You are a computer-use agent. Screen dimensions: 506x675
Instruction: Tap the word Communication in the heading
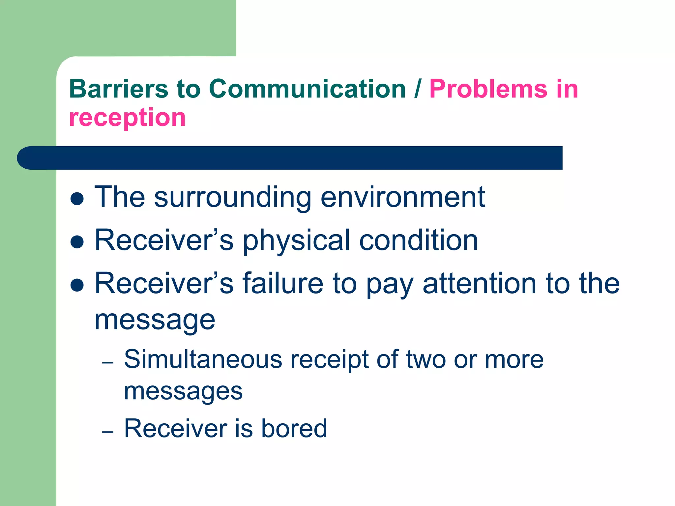(x=307, y=89)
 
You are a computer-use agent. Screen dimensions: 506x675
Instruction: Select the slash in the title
(x=418, y=89)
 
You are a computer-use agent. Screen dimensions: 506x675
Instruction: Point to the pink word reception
(x=127, y=118)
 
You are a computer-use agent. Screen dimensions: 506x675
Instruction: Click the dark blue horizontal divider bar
(x=290, y=158)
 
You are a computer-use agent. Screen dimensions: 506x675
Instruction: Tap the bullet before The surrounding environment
(x=77, y=199)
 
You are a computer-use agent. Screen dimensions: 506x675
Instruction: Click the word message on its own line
(x=155, y=321)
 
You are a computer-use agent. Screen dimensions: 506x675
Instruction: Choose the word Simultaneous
(x=203, y=359)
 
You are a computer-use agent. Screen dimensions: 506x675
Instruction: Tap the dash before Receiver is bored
(x=108, y=432)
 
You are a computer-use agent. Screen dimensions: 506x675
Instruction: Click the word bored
(x=294, y=428)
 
